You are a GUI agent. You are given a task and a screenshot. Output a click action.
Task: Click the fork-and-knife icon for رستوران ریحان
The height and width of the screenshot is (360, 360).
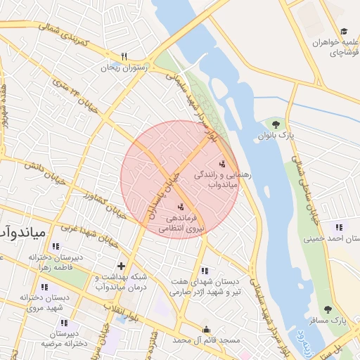pyautogui.click(x=124, y=56)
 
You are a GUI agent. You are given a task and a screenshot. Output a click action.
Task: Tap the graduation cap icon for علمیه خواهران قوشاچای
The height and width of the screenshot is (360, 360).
pyautogui.click(x=344, y=31)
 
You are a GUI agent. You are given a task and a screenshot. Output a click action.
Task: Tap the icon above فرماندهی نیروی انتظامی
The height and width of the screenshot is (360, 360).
pyautogui.click(x=182, y=206)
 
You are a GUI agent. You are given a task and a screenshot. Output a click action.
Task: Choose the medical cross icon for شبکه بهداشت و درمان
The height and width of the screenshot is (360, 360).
pyautogui.click(x=121, y=266)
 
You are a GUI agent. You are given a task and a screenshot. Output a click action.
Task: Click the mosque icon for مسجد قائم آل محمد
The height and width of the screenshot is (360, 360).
pyautogui.click(x=205, y=329)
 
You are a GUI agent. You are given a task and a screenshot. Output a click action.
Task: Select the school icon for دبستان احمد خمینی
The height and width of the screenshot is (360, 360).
pyautogui.click(x=339, y=227)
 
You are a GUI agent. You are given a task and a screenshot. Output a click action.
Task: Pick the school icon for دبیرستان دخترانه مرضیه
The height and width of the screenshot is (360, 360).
pyautogui.click(x=65, y=323)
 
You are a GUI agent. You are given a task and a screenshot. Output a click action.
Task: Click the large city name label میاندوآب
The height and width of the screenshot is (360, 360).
pyautogui.click(x=21, y=231)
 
